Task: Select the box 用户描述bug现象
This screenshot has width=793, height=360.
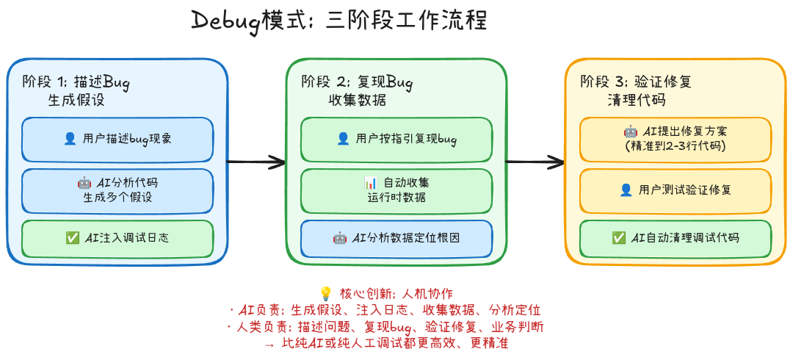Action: tap(117, 140)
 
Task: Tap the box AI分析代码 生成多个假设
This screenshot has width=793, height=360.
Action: tap(117, 190)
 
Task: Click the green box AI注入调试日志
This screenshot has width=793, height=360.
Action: tap(117, 238)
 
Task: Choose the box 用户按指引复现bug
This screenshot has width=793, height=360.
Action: tap(396, 140)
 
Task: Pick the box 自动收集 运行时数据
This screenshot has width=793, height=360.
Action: tap(396, 190)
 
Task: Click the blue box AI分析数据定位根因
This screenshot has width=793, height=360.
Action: tap(396, 238)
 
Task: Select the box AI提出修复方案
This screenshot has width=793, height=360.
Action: tap(675, 140)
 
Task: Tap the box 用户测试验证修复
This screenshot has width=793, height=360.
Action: tap(675, 190)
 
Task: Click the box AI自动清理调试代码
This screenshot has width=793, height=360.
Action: tap(675, 238)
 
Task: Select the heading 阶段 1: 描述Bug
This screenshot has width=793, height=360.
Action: tap(76, 82)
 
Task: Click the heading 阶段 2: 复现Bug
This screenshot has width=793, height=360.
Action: tap(357, 82)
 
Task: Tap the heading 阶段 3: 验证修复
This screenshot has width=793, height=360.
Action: tap(636, 82)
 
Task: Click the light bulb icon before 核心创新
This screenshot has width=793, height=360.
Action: tap(327, 292)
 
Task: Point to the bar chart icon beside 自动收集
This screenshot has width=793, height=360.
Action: tap(370, 182)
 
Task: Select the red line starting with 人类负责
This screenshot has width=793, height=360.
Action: tap(386, 326)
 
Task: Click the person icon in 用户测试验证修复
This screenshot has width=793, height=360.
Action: tap(626, 190)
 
